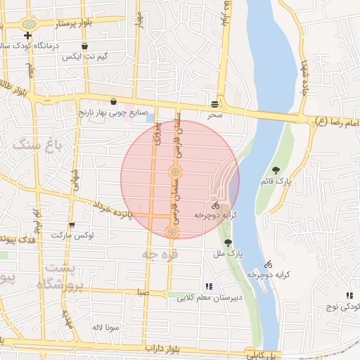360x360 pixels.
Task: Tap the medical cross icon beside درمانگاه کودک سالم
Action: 28,35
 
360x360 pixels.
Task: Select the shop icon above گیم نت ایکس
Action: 85,46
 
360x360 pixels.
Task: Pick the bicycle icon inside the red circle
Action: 214,205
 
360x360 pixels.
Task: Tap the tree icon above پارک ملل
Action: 226,242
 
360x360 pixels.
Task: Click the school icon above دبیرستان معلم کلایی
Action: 208,286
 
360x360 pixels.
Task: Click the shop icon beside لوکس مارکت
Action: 71,226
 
